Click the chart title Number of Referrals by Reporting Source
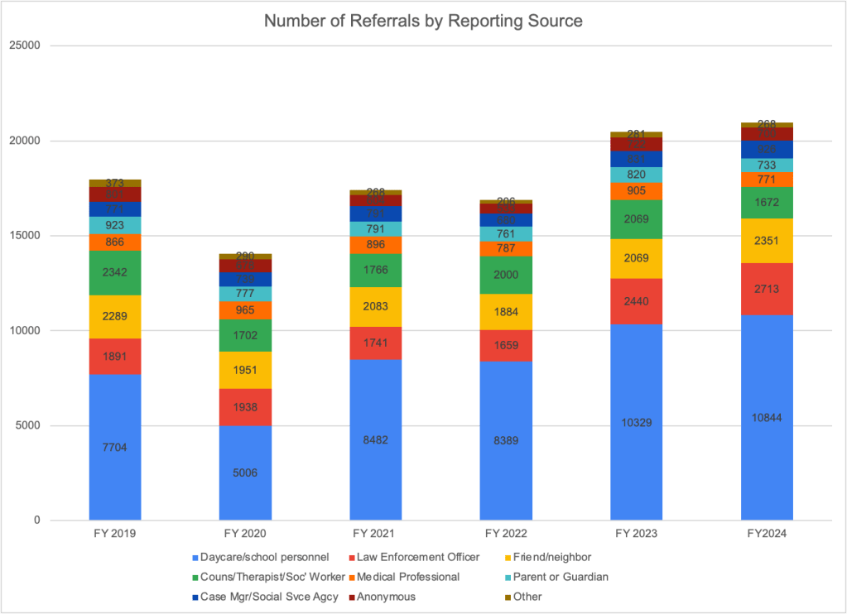coord(423,21)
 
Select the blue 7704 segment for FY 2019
coord(115,448)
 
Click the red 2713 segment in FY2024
coord(767,289)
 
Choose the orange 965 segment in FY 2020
coord(245,309)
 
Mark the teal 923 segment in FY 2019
coord(115,225)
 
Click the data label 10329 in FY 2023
coord(636,423)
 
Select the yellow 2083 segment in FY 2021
coord(376,307)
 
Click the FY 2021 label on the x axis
coord(376,534)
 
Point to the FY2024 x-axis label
coord(767,534)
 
